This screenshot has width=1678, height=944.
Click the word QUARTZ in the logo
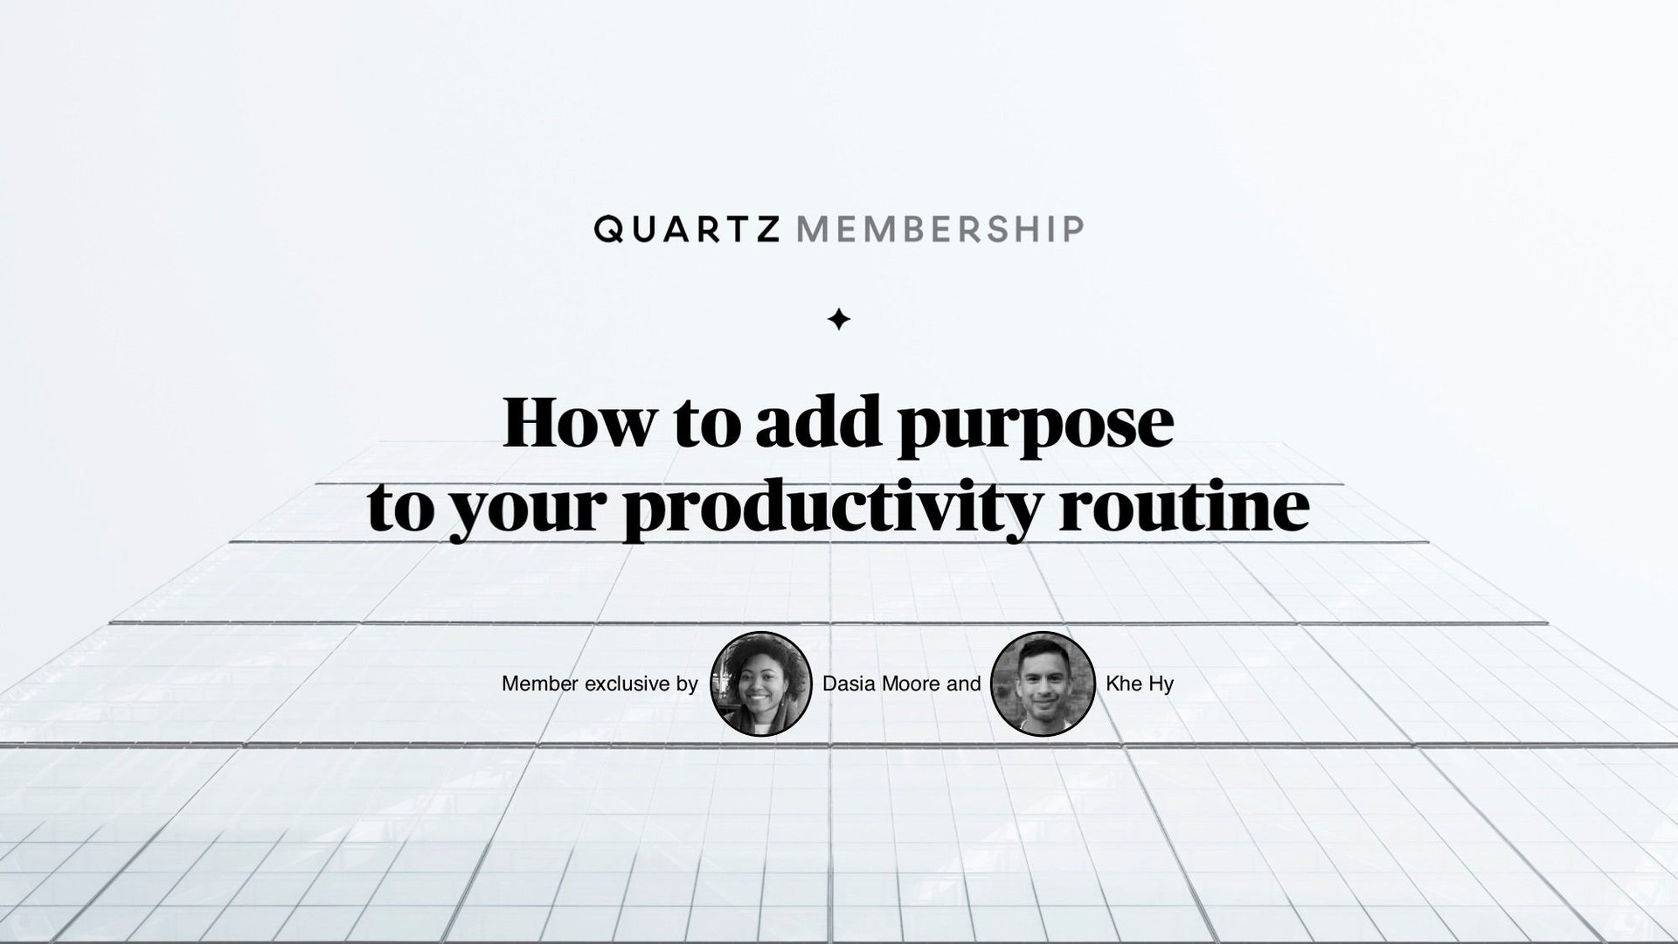point(686,229)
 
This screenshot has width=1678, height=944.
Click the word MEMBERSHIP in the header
point(941,229)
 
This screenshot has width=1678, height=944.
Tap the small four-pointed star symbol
point(839,320)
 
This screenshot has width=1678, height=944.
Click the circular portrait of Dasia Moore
point(761,684)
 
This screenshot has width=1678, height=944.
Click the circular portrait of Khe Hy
point(1043,684)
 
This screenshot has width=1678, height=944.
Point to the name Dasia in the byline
point(849,684)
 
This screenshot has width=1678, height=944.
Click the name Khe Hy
point(1140,684)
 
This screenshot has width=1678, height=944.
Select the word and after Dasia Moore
point(964,684)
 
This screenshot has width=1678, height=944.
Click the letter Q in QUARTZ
point(608,230)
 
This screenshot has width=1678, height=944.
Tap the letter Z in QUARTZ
point(766,229)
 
